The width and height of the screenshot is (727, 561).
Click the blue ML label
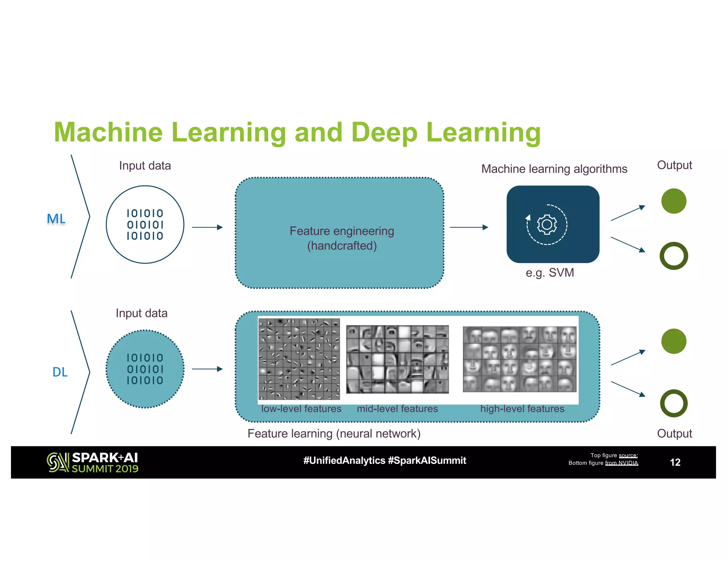click(56, 219)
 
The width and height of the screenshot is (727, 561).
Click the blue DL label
click(60, 372)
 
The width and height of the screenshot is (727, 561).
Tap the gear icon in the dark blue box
click(547, 224)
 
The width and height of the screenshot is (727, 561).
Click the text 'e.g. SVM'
click(550, 273)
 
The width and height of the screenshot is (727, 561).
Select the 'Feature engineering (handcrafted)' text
click(341, 238)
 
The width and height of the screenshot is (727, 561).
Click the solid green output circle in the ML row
click(673, 201)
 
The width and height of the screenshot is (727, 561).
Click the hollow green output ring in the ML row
click(673, 256)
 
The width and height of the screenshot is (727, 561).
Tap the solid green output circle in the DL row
click(673, 341)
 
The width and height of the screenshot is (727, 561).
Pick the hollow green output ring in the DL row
click(673, 403)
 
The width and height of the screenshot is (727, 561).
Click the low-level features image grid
click(299, 359)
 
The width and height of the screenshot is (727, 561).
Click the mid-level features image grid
click(397, 359)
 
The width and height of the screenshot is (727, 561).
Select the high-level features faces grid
click(519, 359)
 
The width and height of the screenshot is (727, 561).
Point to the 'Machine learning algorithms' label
click(554, 169)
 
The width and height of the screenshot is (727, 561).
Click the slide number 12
click(675, 462)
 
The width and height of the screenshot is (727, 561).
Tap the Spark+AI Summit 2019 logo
click(92, 462)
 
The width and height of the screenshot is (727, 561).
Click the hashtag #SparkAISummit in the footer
click(427, 461)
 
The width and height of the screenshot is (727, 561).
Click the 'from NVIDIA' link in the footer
click(621, 463)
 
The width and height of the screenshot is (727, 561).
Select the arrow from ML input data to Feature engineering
click(207, 227)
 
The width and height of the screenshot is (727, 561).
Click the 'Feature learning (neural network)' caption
click(334, 434)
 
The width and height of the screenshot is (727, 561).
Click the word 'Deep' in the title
click(384, 133)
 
